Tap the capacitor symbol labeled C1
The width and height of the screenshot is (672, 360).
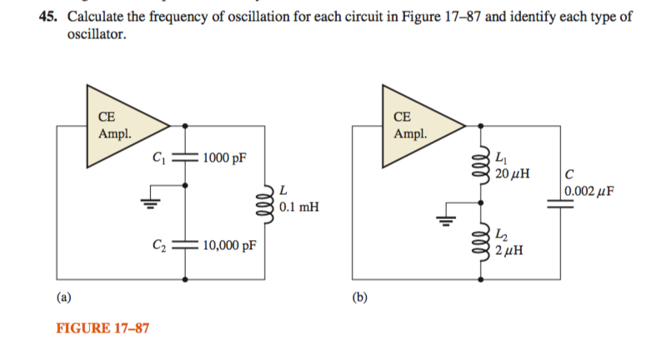(184, 157)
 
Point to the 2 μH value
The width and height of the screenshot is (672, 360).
(508, 250)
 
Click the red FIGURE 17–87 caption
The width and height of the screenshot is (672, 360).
(103, 328)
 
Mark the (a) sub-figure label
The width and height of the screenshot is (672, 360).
(63, 295)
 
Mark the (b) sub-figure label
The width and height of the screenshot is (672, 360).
(359, 295)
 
